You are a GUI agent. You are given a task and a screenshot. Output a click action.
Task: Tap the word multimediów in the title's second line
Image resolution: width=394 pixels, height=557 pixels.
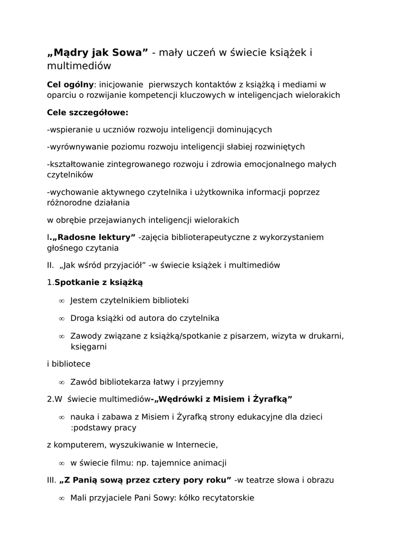click(79, 66)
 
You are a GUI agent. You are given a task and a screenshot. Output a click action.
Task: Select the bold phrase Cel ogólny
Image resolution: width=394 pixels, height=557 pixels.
click(70, 84)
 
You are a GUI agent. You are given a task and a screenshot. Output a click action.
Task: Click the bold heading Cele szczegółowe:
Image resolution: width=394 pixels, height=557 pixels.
click(88, 113)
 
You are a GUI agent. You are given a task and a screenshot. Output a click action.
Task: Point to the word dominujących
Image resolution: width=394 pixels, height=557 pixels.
click(241, 130)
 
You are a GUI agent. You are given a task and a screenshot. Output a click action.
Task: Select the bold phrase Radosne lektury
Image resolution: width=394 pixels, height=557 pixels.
click(95, 237)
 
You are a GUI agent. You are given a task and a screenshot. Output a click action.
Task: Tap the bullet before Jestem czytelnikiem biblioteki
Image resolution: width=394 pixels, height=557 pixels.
click(61, 301)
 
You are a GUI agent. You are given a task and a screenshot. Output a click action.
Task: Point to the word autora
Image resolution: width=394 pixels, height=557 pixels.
click(157, 318)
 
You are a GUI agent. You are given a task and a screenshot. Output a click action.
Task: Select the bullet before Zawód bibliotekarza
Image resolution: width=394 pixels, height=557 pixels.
click(61, 382)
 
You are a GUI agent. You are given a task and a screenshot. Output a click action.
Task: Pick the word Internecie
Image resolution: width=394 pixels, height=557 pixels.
click(196, 445)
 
